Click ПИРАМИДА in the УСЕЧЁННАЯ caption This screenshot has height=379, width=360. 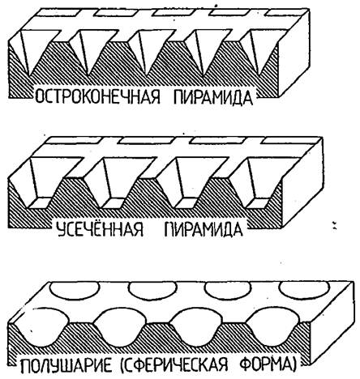203,229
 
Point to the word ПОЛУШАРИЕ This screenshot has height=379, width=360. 67,365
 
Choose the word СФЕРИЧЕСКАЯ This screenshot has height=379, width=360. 174,365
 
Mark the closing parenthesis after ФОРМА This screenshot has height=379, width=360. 293,365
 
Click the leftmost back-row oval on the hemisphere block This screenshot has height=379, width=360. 75,289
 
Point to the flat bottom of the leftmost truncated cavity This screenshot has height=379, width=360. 40,203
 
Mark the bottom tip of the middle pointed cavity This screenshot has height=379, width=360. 147,76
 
